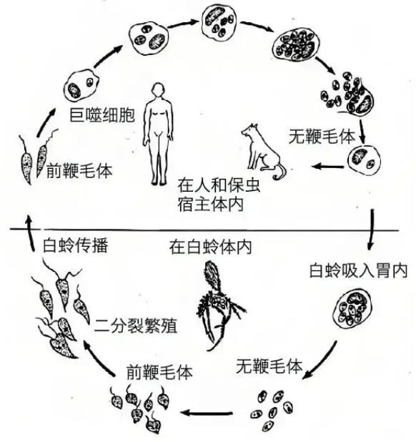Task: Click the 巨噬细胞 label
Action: pyautogui.click(x=102, y=114)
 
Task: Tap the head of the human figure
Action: pyautogui.click(x=158, y=90)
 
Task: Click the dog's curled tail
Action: pyautogui.click(x=280, y=172)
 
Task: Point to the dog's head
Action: pyautogui.click(x=249, y=131)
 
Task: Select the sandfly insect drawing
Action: pyautogui.click(x=219, y=305)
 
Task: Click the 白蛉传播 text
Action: pyautogui.click(x=75, y=245)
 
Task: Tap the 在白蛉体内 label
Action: pyautogui.click(x=210, y=247)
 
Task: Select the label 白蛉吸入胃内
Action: pyautogui.click(x=358, y=271)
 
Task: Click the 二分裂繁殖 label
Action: pyautogui.click(x=136, y=326)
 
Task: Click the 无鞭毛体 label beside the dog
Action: pyautogui.click(x=322, y=137)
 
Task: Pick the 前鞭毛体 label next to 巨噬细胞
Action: pyautogui.click(x=79, y=170)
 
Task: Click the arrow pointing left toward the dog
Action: pyautogui.click(x=328, y=167)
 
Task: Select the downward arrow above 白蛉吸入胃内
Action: pyautogui.click(x=371, y=230)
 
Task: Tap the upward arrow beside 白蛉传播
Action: pyautogui.click(x=31, y=233)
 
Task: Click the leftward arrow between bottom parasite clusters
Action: pyautogui.click(x=207, y=413)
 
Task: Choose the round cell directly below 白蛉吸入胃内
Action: pyautogui.click(x=353, y=309)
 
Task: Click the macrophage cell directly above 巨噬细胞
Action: pyautogui.click(x=81, y=86)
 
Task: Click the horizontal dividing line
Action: pyautogui.click(x=204, y=230)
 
